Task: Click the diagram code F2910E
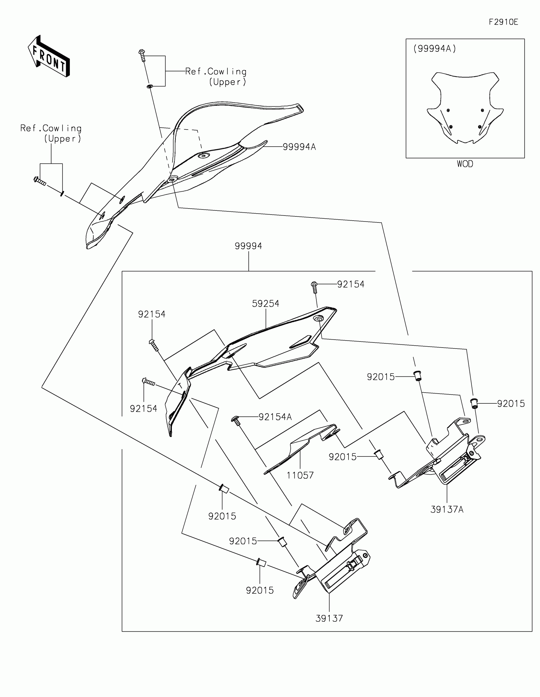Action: [503, 22]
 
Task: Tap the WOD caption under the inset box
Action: [465, 164]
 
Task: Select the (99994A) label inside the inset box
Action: [434, 49]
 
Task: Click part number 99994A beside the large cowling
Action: [299, 147]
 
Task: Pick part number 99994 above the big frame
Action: [248, 246]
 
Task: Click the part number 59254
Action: [265, 303]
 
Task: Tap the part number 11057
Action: [300, 475]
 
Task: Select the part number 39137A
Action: [447, 510]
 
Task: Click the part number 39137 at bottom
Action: [329, 618]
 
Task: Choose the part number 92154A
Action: [275, 417]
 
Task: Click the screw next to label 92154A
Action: [236, 421]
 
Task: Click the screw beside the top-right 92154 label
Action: [314, 287]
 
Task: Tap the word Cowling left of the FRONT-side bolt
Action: [62, 128]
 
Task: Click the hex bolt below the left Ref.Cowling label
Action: [40, 181]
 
